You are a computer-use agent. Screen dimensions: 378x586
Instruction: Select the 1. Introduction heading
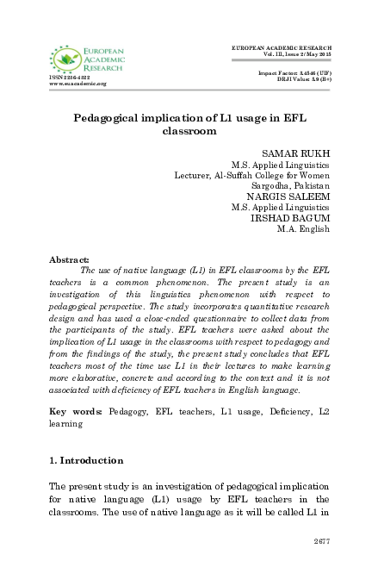coord(86,461)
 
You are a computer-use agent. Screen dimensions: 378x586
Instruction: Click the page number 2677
coord(321,542)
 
